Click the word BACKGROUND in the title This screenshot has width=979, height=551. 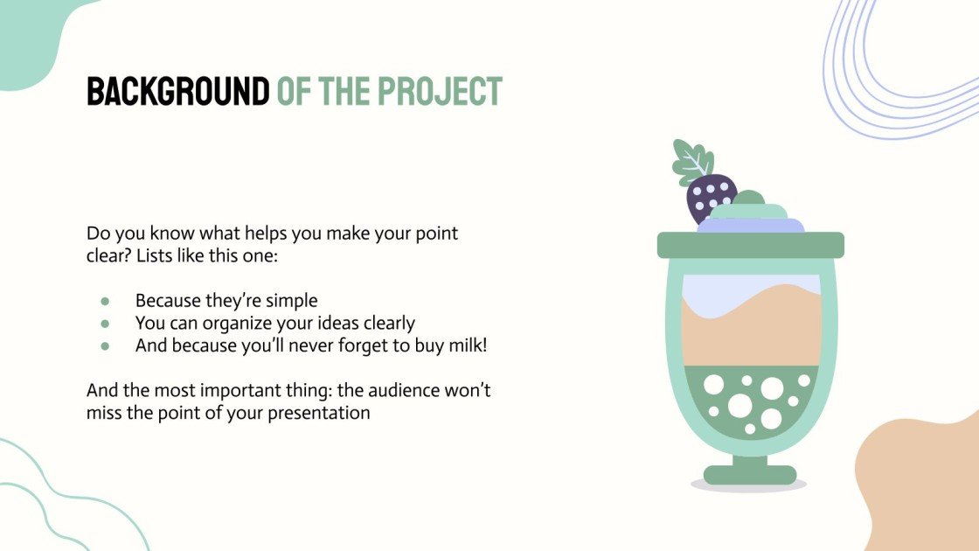point(177,92)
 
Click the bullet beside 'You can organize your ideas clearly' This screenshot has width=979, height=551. point(105,324)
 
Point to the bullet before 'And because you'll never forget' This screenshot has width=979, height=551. point(105,345)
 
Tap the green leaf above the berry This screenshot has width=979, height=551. point(692,162)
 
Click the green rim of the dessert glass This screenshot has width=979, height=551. point(750,245)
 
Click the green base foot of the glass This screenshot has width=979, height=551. point(750,475)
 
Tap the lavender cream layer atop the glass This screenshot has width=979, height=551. point(750,225)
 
